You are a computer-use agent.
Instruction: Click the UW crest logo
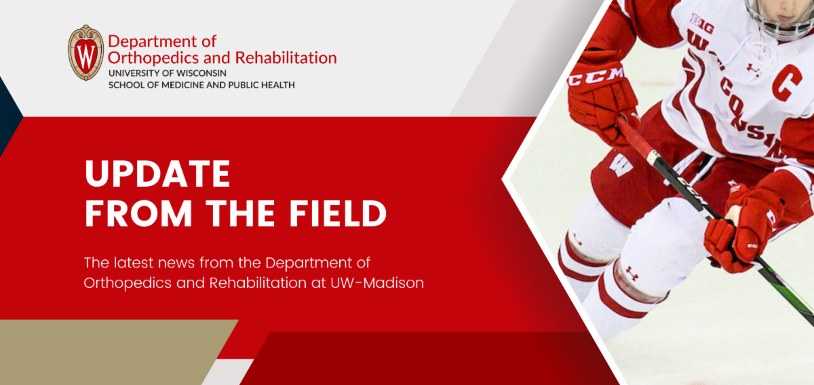pos(85,53)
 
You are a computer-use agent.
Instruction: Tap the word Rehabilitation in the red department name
pos(286,58)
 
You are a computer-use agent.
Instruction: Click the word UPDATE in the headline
pos(157,174)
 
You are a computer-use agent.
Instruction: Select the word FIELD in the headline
pos(338,213)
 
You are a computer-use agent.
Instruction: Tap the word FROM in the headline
pos(138,213)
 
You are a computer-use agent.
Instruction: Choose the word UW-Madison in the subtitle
pos(377,283)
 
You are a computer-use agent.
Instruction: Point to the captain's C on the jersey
pos(787,83)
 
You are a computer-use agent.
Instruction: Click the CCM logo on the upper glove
pos(596,77)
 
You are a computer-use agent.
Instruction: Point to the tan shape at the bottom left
pos(109,352)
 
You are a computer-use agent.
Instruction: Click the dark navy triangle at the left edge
pos(9,116)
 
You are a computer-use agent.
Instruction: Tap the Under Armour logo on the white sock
pos(632,273)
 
